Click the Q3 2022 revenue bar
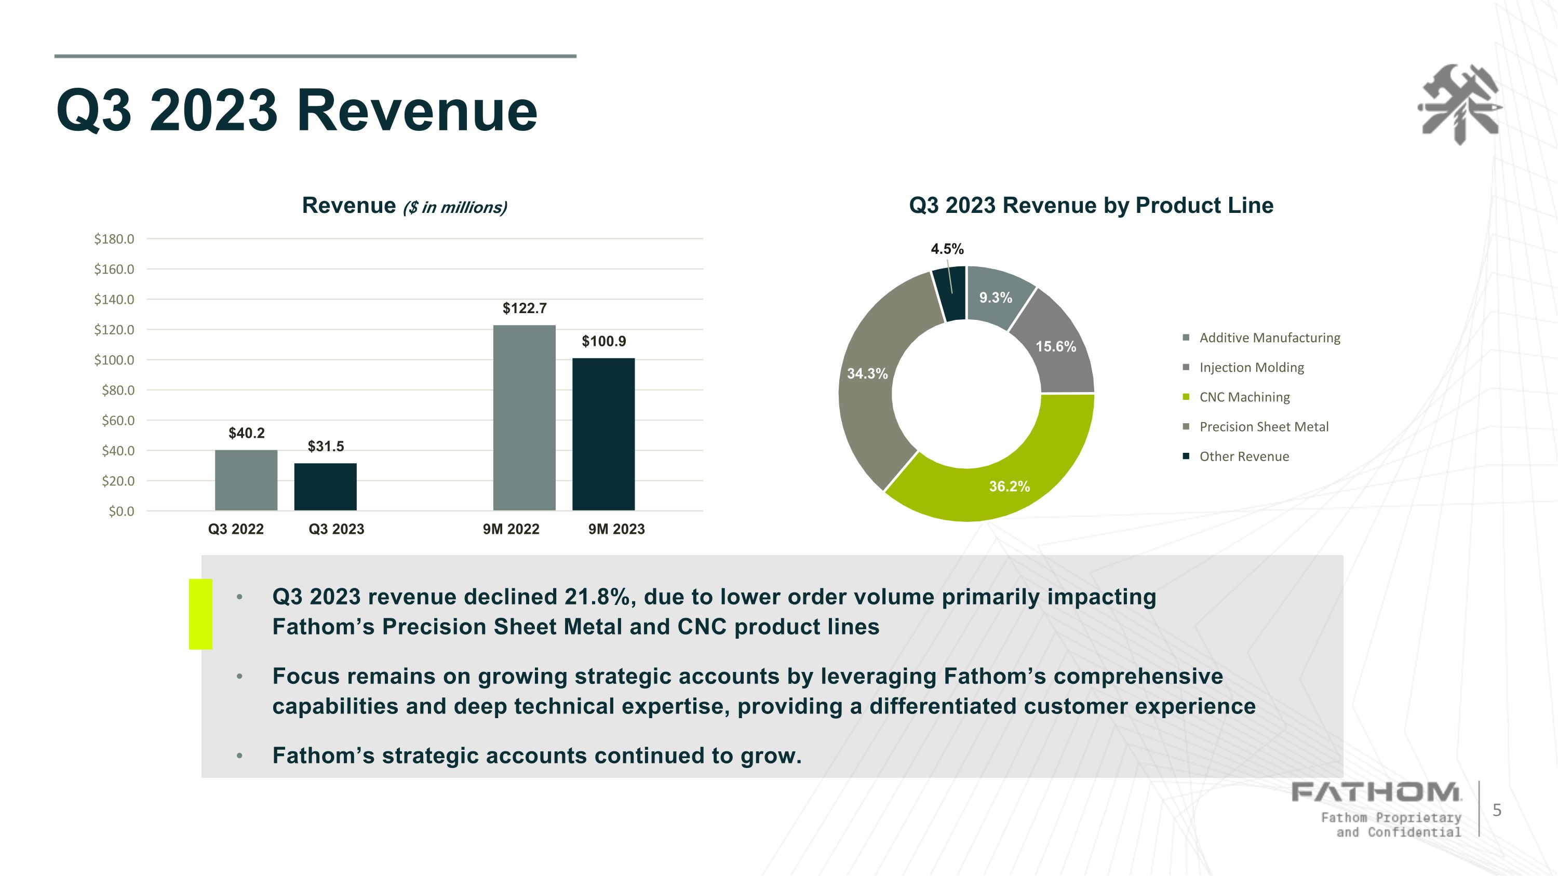point(246,480)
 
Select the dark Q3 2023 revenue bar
point(326,487)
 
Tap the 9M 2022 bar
point(525,417)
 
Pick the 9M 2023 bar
point(603,434)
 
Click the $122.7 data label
point(525,308)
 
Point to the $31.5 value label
point(326,446)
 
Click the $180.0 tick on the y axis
point(114,239)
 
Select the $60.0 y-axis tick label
point(118,420)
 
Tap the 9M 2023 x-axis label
point(616,529)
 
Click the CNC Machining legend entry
point(1237,397)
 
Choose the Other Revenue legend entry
point(1236,456)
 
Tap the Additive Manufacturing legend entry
point(1261,338)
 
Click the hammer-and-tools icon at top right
point(1460,104)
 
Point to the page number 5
point(1497,810)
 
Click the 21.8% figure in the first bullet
point(600,597)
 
